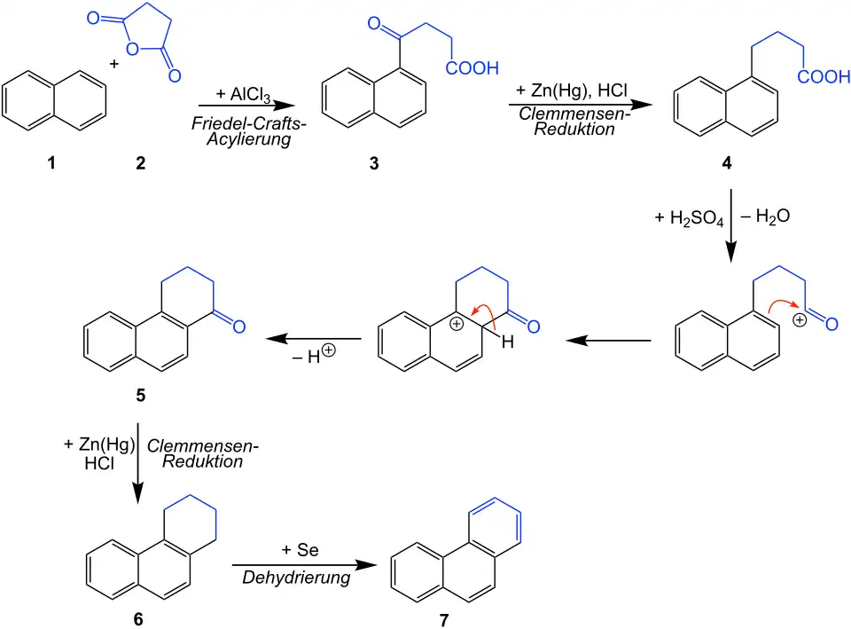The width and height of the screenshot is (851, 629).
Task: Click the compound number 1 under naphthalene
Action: click(52, 163)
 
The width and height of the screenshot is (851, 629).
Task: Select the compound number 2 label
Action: click(140, 163)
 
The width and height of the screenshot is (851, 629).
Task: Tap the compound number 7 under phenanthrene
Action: click(443, 618)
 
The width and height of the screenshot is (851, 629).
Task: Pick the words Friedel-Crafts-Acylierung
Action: click(248, 131)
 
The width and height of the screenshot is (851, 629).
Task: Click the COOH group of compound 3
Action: click(473, 68)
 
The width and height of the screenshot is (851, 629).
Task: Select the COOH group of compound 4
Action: click(824, 78)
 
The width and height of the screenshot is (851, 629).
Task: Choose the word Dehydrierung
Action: click(296, 578)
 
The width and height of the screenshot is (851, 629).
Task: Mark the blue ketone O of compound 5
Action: click(238, 326)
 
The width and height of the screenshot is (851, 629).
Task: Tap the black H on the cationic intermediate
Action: click(508, 342)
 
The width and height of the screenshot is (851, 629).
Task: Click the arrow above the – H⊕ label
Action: click(314, 339)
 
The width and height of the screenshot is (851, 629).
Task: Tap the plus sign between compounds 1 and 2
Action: click(114, 64)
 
